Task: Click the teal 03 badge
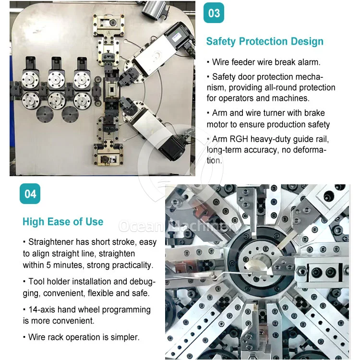point(214,13)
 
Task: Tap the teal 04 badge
point(30,194)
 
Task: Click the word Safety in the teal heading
point(221,41)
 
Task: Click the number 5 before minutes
point(48,265)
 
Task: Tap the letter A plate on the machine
point(108,33)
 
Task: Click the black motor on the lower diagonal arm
point(172,147)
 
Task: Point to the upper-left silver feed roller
point(30,80)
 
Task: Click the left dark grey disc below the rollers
point(45,114)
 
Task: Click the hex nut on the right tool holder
point(301,272)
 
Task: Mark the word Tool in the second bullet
point(36,281)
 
